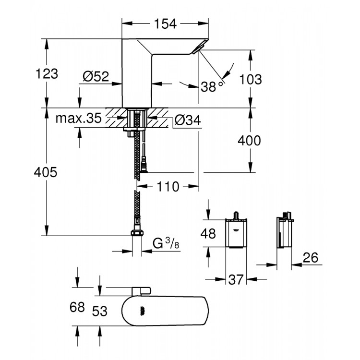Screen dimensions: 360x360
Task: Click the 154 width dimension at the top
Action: [x=166, y=24]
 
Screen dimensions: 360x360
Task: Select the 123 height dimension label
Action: [x=47, y=74]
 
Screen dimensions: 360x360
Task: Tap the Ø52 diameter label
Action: [x=96, y=76]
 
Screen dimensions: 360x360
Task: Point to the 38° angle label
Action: [x=212, y=87]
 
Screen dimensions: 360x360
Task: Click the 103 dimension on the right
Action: [x=251, y=79]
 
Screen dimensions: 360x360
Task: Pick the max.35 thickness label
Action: [x=78, y=119]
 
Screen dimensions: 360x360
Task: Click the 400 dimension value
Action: [x=250, y=141]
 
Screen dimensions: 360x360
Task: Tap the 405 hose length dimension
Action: [x=47, y=172]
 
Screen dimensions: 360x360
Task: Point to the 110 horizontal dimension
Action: [x=168, y=186]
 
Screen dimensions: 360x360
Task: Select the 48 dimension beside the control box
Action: [x=207, y=233]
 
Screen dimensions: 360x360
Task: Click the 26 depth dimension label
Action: [x=311, y=258]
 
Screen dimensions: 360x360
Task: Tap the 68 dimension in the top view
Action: [x=77, y=306]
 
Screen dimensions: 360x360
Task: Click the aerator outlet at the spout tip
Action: [x=199, y=48]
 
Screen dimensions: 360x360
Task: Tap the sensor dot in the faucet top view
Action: [x=143, y=311]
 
